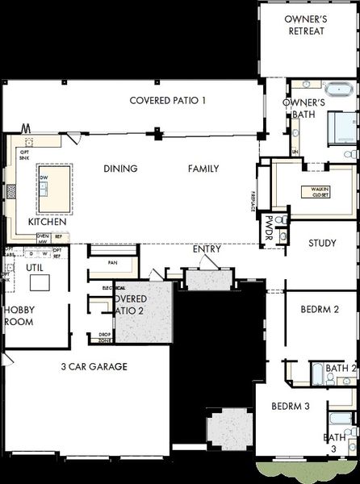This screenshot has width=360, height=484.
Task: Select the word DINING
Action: [120, 169]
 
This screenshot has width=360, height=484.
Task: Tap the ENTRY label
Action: [207, 249]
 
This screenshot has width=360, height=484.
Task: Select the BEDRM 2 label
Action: [319, 309]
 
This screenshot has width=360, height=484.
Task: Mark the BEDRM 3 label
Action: [291, 406]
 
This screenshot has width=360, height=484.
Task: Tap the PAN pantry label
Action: [113, 262]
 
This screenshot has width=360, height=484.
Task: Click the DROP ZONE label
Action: [105, 337]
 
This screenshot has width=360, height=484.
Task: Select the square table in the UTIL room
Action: [39, 282]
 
